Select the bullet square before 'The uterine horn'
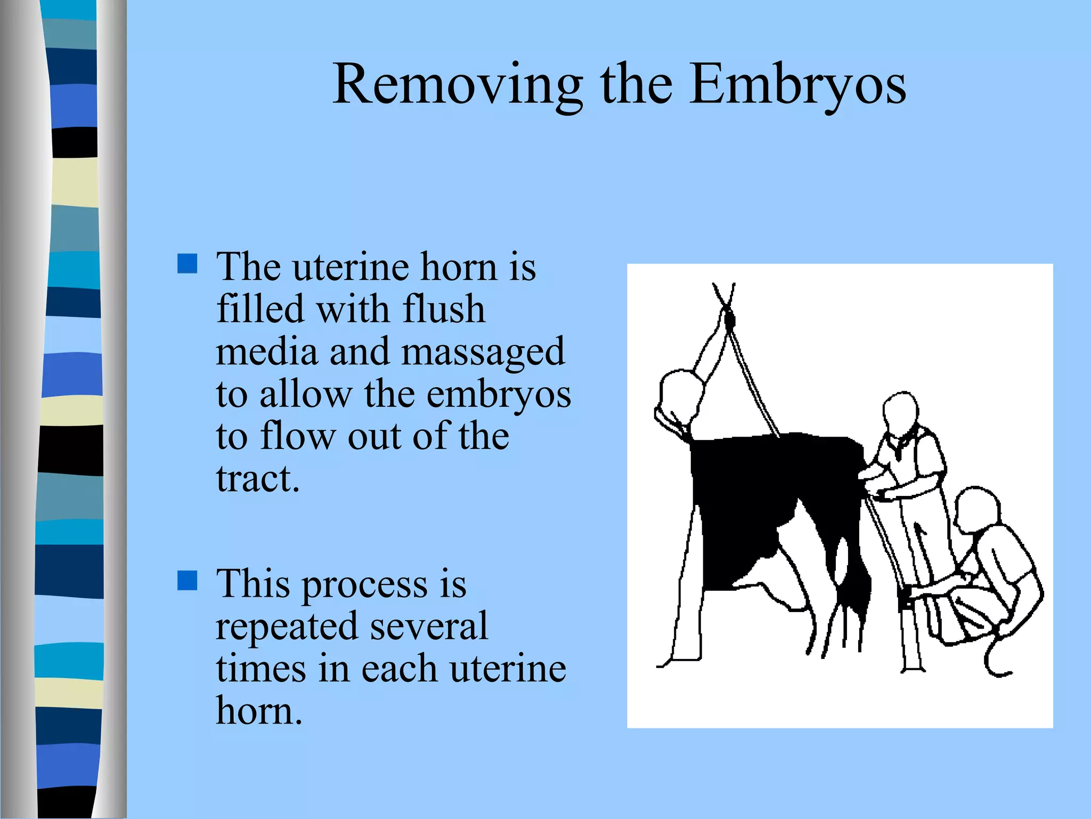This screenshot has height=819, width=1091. [187, 263]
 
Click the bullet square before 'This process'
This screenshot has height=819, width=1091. [187, 581]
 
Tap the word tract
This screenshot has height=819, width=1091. [258, 478]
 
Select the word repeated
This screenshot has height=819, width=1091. [287, 626]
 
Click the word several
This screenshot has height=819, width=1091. [429, 626]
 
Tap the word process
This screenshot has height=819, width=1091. [365, 584]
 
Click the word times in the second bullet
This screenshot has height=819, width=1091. [260, 669]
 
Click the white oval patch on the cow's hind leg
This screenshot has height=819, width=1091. [842, 560]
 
